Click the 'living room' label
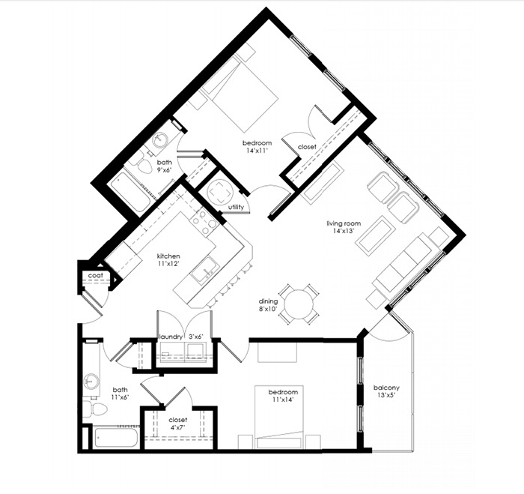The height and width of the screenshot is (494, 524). (344, 223)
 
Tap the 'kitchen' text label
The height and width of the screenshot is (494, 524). (168, 256)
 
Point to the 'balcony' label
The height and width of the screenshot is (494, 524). (386, 388)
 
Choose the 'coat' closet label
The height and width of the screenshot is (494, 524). (95, 276)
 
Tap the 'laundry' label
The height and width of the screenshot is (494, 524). (170, 337)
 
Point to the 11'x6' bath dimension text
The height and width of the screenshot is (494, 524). (121, 398)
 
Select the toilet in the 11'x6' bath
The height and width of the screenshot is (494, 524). (92, 409)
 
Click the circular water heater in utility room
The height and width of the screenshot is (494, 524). (221, 190)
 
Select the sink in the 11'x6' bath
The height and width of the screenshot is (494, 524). (91, 380)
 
